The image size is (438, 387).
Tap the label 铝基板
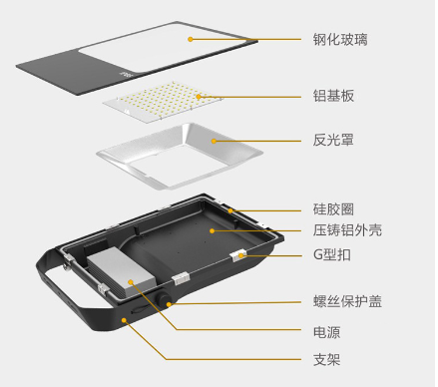point(334,96)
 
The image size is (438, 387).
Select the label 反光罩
point(334,141)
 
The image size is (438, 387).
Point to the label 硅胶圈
point(334,211)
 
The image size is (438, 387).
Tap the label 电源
point(327,329)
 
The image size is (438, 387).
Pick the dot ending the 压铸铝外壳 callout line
point(211,229)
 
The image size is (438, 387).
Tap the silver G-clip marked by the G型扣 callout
point(239,256)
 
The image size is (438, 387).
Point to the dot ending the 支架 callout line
point(125,321)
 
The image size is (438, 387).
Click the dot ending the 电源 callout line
point(131,282)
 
